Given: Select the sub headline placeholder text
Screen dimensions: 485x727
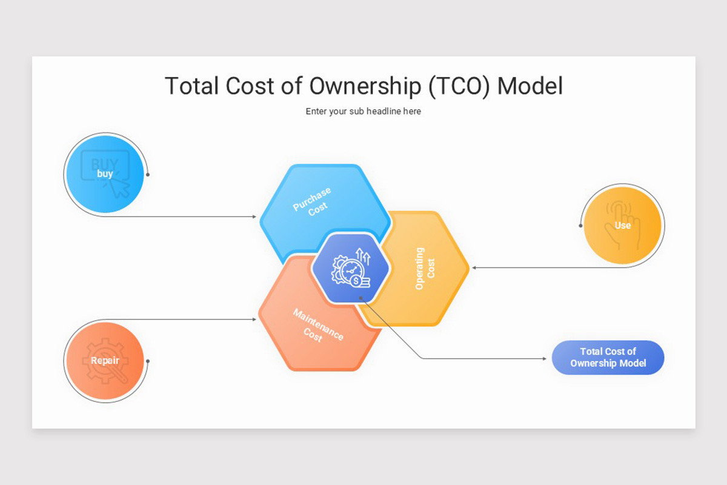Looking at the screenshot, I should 363,112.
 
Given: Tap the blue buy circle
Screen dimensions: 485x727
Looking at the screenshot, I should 105,174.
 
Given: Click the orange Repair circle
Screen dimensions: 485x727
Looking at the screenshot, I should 105,361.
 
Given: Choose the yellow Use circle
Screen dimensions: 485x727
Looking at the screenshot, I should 622,226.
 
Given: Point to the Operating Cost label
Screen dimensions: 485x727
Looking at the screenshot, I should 425,268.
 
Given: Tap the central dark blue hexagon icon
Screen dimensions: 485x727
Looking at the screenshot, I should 350,268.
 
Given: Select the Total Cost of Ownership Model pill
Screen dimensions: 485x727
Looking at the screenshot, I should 608,358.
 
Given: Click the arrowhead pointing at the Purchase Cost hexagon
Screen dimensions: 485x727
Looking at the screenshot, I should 254,216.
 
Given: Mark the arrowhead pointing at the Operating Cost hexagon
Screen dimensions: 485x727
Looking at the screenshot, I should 474,267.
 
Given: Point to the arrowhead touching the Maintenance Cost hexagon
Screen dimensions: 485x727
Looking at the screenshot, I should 254,319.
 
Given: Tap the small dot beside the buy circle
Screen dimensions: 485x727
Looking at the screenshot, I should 148,175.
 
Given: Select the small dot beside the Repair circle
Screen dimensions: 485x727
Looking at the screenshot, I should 148,361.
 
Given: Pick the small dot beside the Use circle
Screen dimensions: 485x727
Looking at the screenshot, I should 580,226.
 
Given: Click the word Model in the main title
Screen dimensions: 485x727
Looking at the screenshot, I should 529,86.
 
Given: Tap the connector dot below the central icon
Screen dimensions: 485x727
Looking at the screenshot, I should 360,298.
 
